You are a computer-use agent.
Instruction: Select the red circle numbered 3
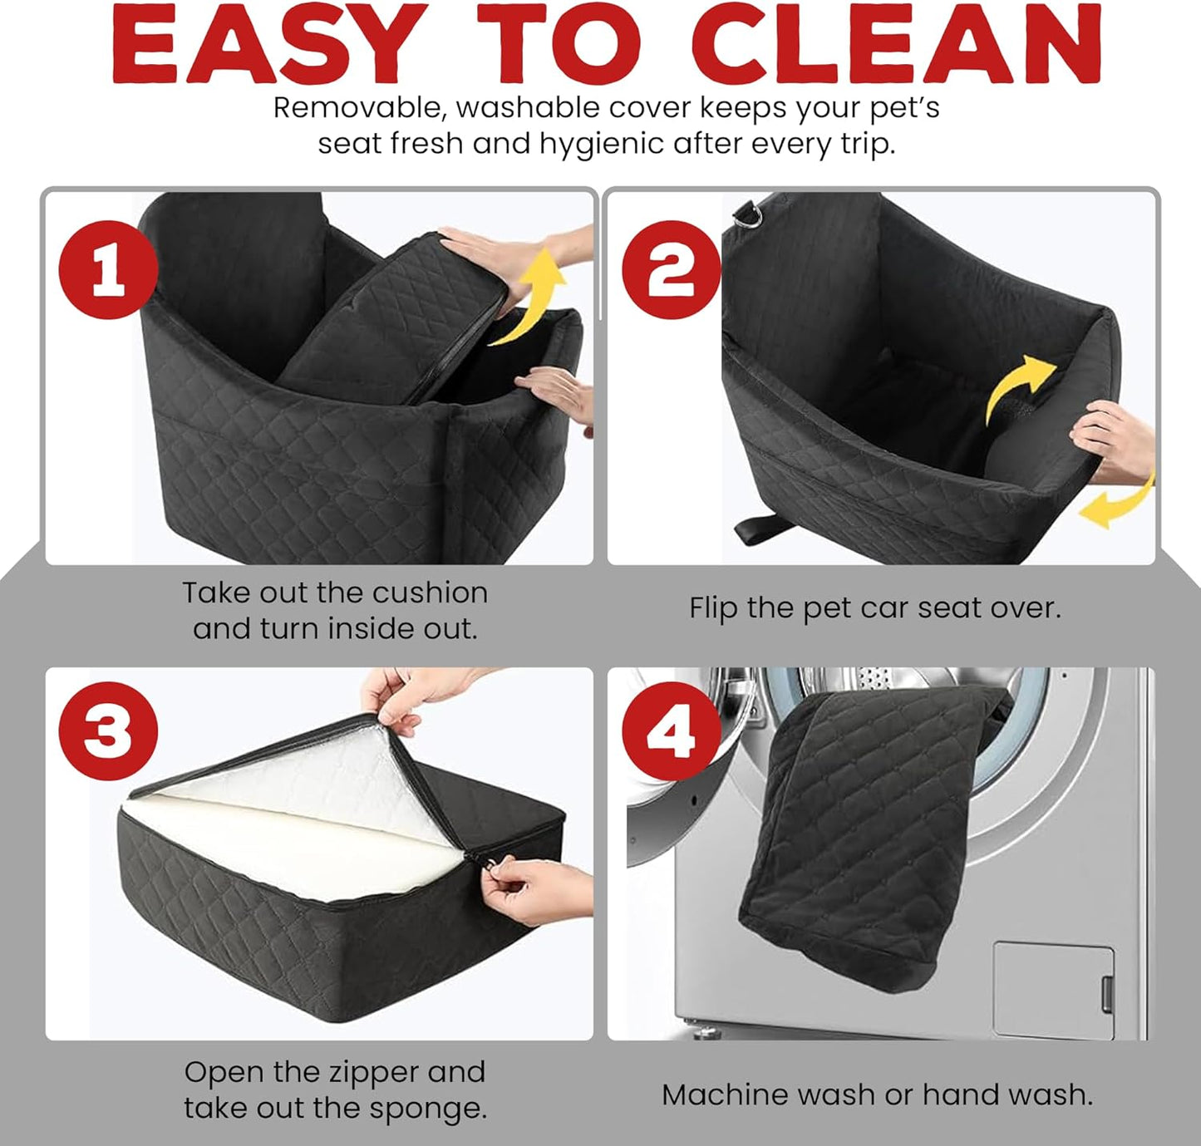click(x=108, y=730)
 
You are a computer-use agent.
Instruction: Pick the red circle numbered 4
click(x=671, y=730)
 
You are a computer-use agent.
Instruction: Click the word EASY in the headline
click(x=266, y=46)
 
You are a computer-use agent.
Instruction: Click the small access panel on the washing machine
click(x=1053, y=990)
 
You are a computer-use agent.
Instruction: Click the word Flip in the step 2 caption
click(x=714, y=608)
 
